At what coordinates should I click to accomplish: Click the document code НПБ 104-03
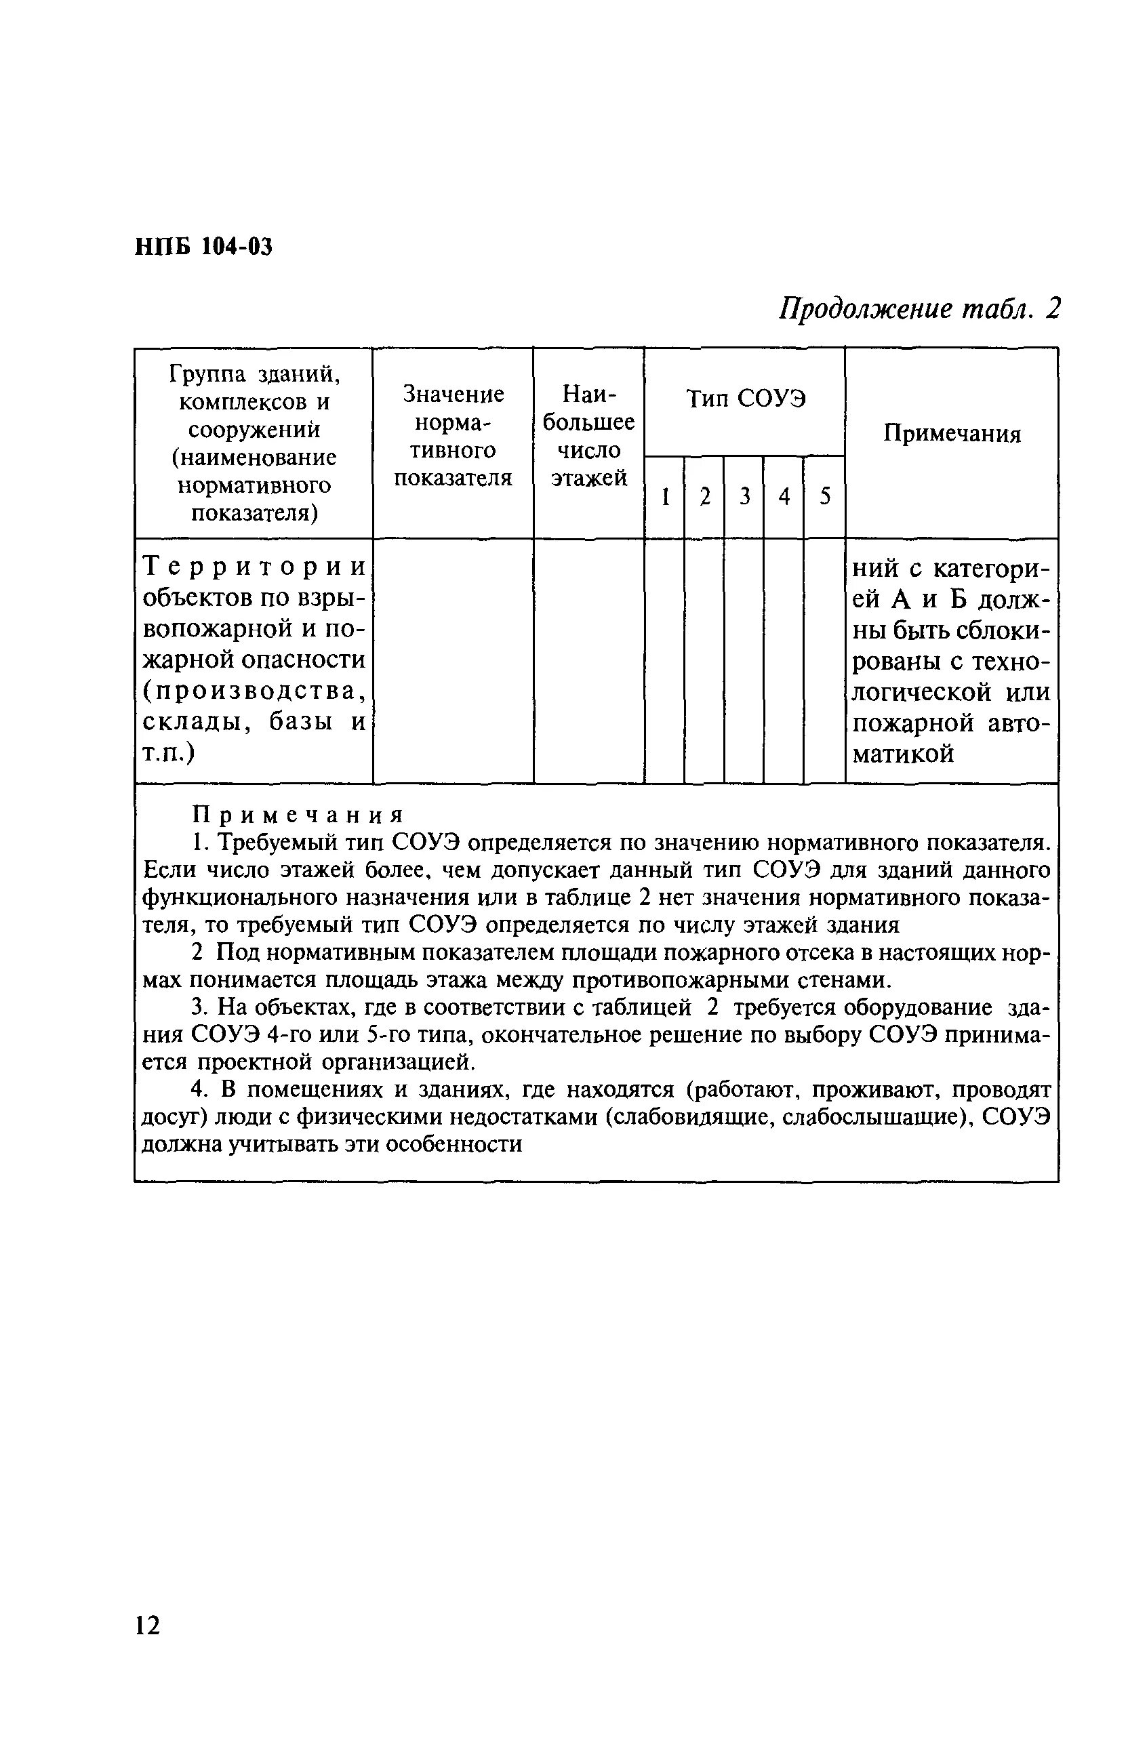click(203, 247)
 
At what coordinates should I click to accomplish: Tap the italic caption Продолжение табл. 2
click(919, 309)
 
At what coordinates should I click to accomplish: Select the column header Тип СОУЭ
click(745, 399)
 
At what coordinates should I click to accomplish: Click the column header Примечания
click(952, 434)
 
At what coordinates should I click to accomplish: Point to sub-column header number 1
click(665, 498)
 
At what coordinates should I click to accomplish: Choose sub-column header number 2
click(704, 498)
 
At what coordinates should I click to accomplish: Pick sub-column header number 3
click(745, 498)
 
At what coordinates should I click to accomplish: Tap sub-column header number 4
click(784, 498)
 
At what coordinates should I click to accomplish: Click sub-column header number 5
click(825, 498)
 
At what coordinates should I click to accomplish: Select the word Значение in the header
click(454, 395)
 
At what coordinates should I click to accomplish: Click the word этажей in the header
click(589, 478)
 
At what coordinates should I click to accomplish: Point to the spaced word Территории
click(254, 567)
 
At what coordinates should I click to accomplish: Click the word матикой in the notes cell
click(904, 754)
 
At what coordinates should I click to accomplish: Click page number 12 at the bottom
click(146, 1625)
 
